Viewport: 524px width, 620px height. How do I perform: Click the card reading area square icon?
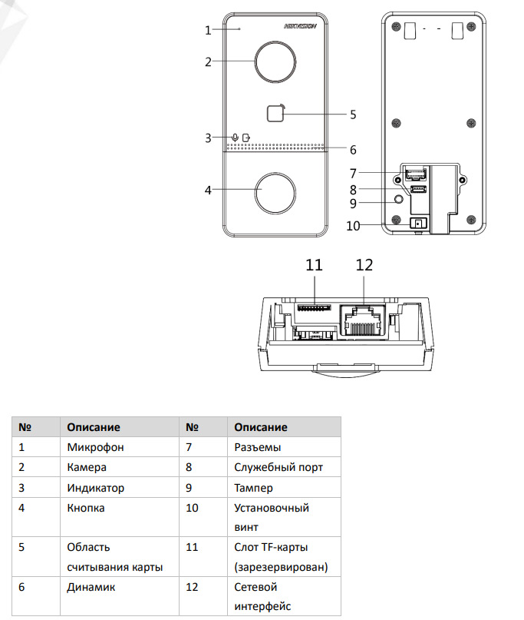click(275, 114)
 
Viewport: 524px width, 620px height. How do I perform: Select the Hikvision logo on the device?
click(301, 26)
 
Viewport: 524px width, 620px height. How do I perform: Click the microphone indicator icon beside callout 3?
click(236, 138)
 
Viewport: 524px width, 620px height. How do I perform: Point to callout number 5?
click(353, 114)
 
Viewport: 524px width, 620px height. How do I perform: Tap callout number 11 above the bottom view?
click(314, 265)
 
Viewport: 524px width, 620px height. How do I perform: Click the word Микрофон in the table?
click(95, 446)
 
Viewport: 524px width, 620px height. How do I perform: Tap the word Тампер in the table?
click(253, 487)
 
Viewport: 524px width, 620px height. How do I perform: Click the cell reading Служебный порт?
click(278, 466)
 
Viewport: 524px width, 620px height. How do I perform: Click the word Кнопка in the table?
click(86, 508)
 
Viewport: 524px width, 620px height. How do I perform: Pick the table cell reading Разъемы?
click(259, 446)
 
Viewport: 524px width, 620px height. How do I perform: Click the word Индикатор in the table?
click(95, 487)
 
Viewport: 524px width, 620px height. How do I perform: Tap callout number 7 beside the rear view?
click(353, 173)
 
